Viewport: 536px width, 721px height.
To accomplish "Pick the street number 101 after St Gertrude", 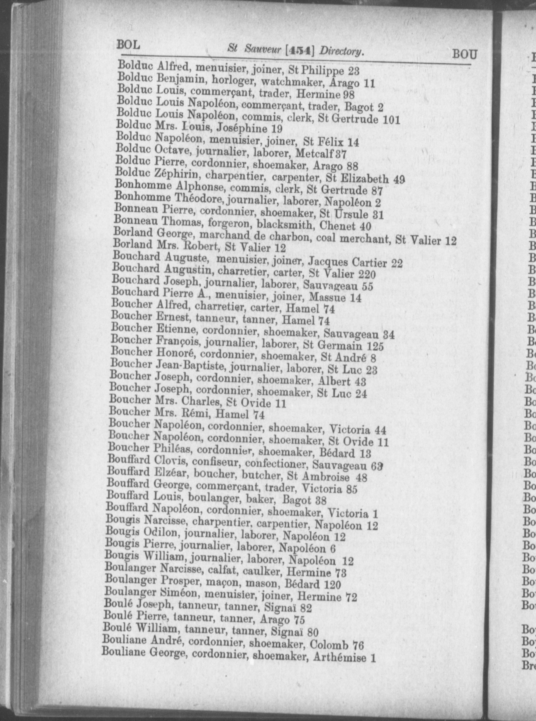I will pos(390,120).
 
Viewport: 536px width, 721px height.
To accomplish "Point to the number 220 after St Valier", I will pos(367,275).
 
